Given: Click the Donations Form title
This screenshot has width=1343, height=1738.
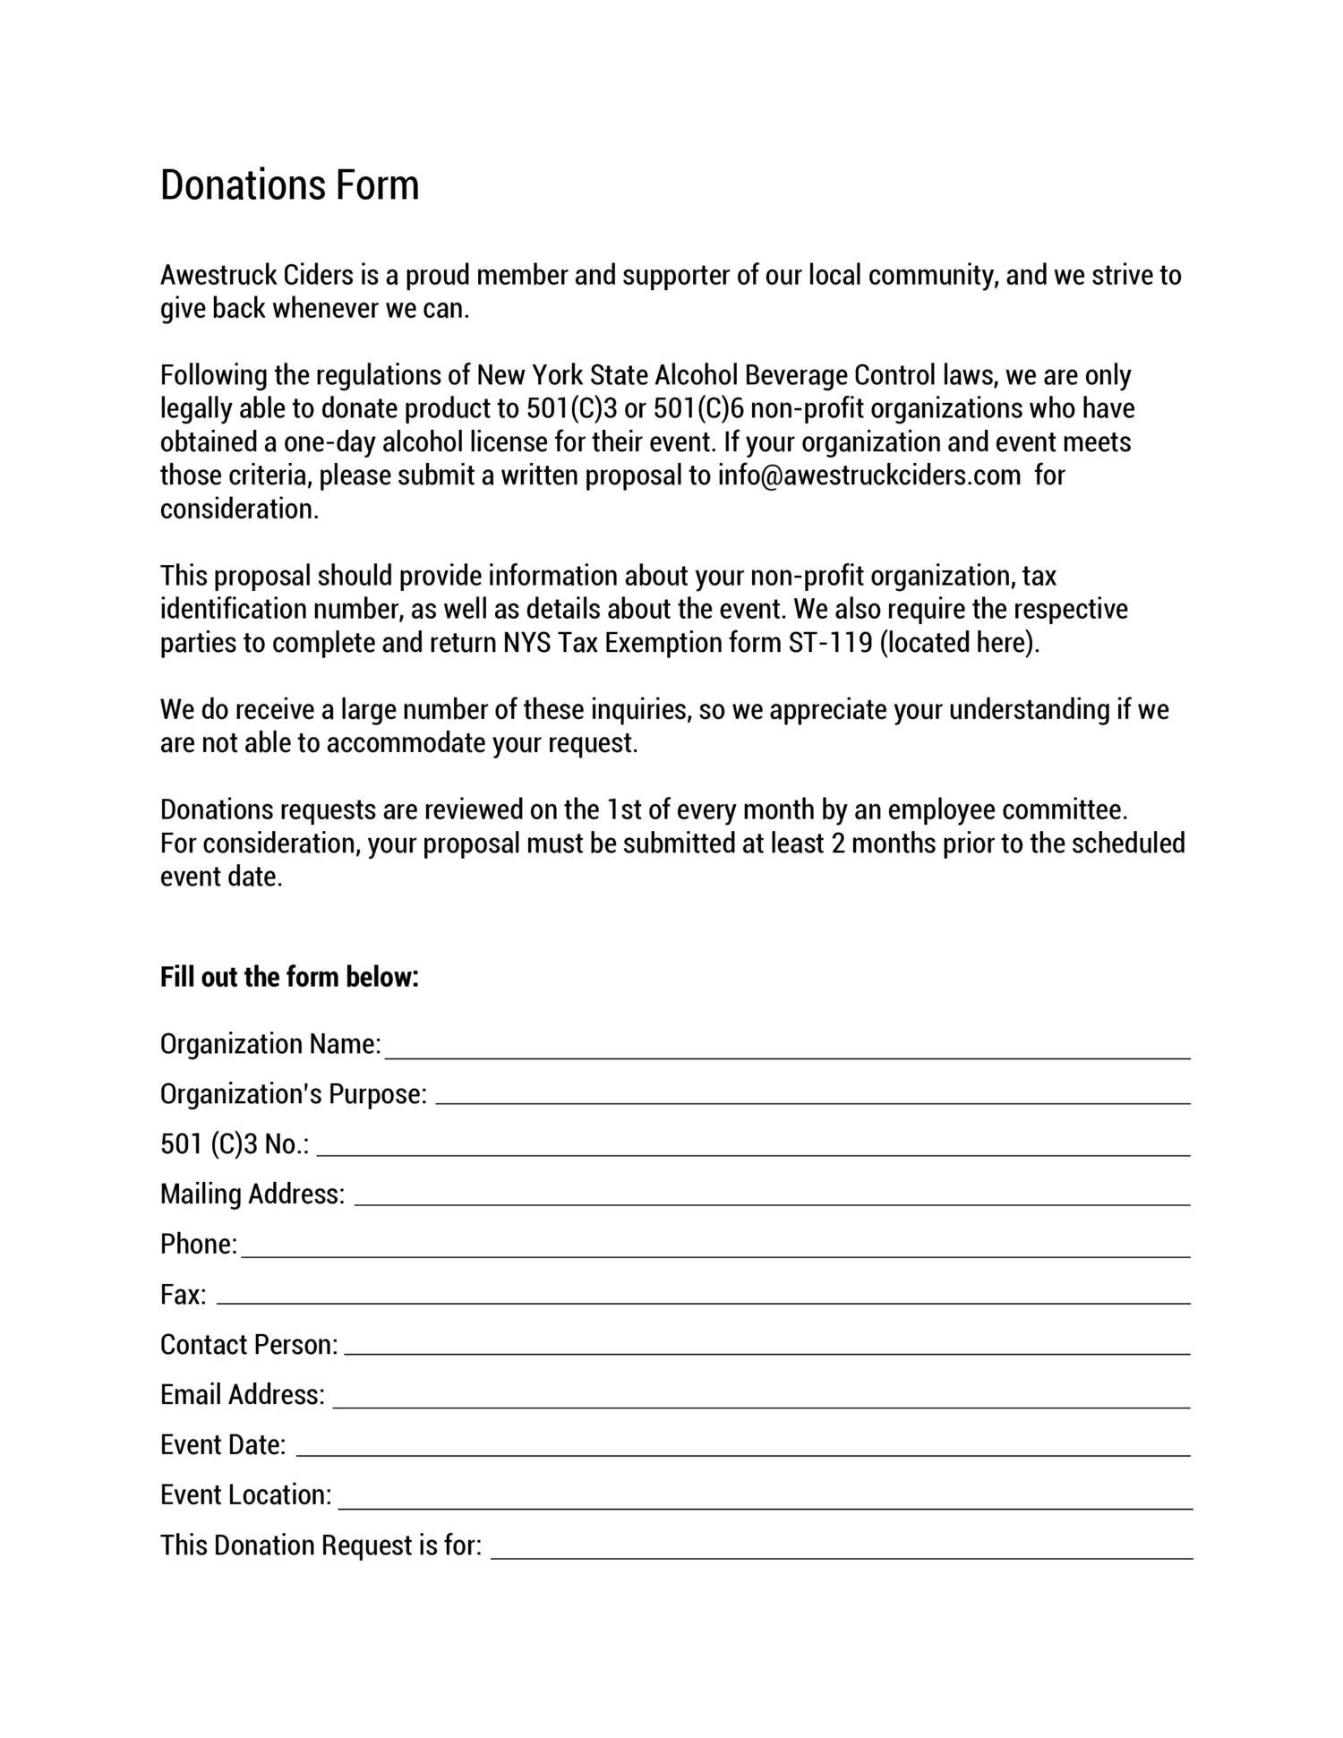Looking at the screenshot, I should [289, 184].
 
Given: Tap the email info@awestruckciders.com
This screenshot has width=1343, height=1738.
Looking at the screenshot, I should [868, 475].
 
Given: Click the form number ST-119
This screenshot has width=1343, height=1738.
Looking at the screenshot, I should [830, 643].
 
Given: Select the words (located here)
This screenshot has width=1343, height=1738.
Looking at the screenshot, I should [960, 643].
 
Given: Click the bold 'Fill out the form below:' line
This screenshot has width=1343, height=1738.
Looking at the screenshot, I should [289, 977].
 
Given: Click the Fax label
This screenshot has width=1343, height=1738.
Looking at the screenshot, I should [183, 1295].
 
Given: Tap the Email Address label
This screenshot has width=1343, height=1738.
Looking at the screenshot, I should [242, 1395].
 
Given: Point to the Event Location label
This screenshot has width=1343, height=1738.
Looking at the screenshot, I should [245, 1495].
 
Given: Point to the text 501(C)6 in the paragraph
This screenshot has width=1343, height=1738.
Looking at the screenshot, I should [698, 409].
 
